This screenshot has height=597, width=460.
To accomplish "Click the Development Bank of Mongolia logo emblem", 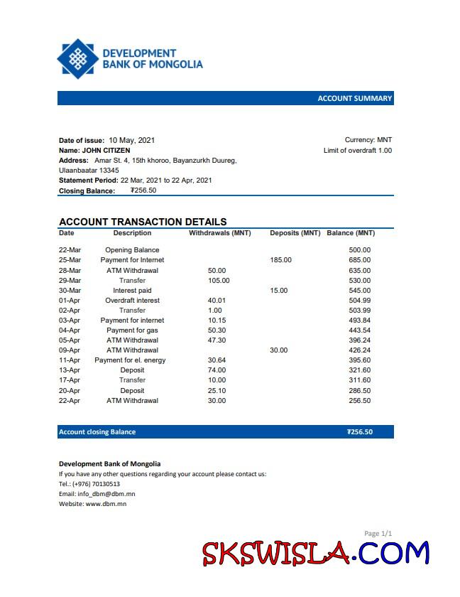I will (77, 58).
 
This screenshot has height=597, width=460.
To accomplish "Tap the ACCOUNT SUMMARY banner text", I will (354, 98).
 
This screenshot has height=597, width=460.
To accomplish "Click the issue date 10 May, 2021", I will (131, 140).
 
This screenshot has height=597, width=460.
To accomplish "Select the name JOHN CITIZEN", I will (106, 151).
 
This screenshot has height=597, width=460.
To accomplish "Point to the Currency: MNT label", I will (368, 140).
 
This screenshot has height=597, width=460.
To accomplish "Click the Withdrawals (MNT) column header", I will (219, 233).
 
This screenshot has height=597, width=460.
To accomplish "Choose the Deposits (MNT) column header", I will (295, 233).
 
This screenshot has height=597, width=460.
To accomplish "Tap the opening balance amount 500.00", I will (359, 250).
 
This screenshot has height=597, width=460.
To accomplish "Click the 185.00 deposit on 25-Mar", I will (280, 260).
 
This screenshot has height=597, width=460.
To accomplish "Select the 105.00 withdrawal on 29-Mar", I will (219, 280).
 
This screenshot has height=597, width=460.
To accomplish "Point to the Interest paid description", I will (132, 290).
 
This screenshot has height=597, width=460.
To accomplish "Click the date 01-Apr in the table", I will (70, 300).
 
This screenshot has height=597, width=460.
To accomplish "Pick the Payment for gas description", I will (132, 330).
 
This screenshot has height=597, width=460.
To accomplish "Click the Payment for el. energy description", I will (130, 360).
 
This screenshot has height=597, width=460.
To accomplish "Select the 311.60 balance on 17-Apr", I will (359, 380).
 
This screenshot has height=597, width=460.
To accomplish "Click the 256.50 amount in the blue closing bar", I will (359, 431).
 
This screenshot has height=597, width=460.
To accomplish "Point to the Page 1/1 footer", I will (378, 533).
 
